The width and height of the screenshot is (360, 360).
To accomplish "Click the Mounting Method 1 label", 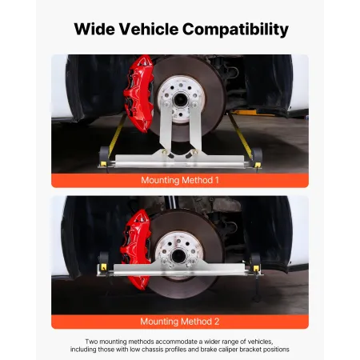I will point(179,180).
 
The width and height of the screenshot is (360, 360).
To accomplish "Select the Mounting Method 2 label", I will point(179,321).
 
